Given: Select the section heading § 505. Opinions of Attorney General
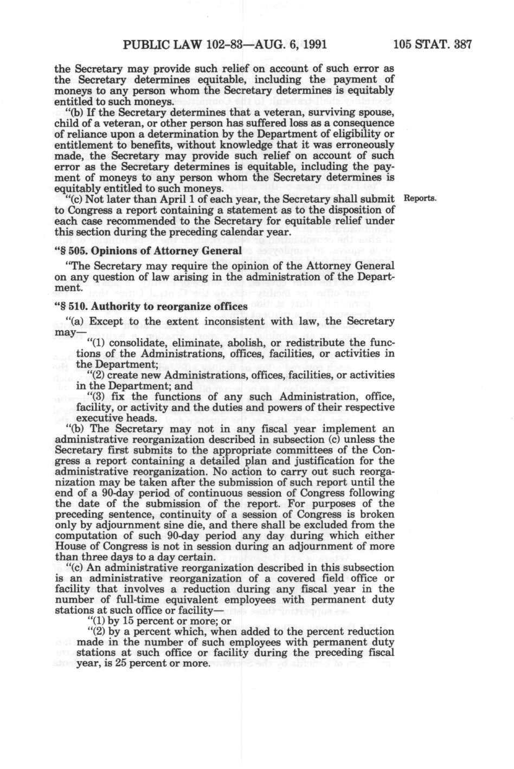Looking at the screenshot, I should pos(147,250).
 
